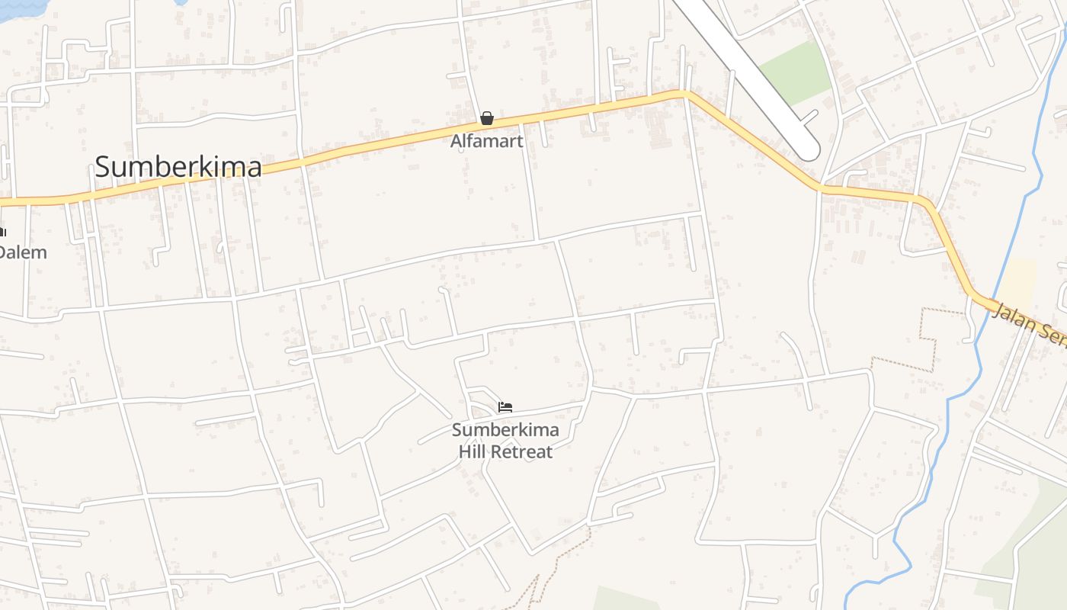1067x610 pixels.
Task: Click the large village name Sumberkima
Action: (178, 167)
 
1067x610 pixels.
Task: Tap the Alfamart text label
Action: (486, 141)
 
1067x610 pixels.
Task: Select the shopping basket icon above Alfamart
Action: (486, 118)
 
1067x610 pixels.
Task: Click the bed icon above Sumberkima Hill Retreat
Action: (505, 407)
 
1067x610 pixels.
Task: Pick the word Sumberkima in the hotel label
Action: (505, 430)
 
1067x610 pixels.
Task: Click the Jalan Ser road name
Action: (1029, 323)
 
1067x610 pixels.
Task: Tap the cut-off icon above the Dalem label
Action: (2, 231)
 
